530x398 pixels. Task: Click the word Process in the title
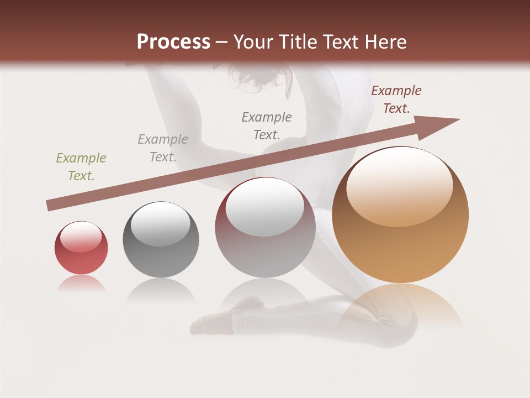(173, 42)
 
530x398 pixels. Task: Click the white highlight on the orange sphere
(400, 185)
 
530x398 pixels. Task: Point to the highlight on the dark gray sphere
(161, 224)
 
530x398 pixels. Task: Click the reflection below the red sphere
(81, 284)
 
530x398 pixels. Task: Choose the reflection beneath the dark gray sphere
(161, 290)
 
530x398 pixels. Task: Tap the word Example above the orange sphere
(396, 91)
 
